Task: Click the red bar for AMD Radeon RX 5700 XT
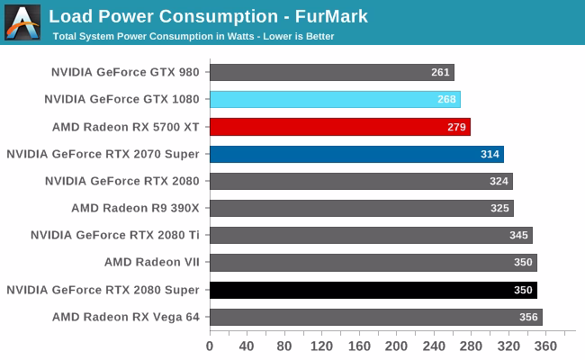[339, 127]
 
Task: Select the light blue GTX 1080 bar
[335, 99]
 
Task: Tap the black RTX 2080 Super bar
[373, 290]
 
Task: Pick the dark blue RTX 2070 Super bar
[356, 154]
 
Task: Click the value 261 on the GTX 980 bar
[441, 72]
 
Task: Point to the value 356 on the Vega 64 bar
[529, 317]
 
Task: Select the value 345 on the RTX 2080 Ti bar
[519, 236]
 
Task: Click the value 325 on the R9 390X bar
[500, 209]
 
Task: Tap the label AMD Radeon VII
[151, 262]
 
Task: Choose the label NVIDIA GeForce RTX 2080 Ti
[114, 235]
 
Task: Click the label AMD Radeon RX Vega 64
[125, 317]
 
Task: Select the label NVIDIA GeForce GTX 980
[125, 72]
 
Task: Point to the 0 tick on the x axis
[210, 346]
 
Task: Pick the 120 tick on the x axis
[321, 346]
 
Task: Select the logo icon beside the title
[22, 22]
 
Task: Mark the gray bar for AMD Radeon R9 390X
[361, 209]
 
